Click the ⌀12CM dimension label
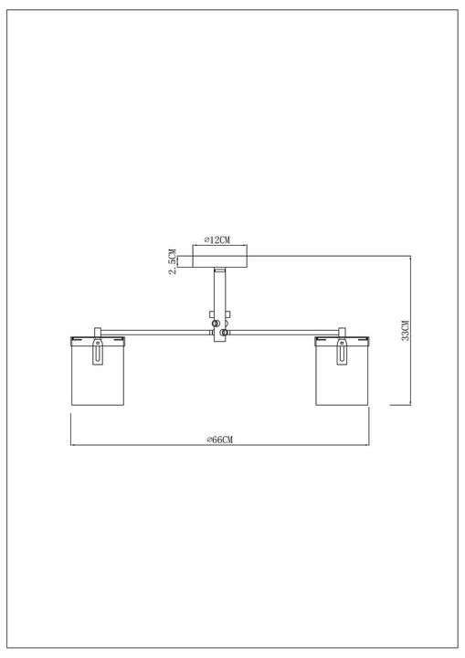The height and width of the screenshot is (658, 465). click(x=217, y=240)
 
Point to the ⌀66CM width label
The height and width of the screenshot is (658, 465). click(x=220, y=440)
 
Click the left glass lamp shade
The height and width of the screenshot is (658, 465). click(x=98, y=375)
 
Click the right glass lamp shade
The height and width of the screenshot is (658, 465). click(x=341, y=375)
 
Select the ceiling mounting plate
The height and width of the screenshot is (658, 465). click(x=219, y=260)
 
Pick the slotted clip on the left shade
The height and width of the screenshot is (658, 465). click(x=98, y=354)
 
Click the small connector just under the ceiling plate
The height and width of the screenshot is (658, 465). click(x=219, y=272)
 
